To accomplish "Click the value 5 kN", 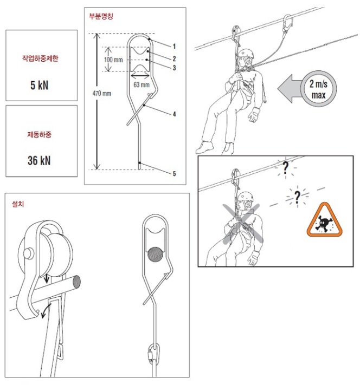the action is tap(40, 85).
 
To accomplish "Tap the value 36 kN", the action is tap(39, 161).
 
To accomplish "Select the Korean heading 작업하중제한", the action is tap(40, 58).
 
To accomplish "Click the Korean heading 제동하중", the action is tap(40, 134).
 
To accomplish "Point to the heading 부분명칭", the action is tap(101, 16).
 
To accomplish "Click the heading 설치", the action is tap(18, 204).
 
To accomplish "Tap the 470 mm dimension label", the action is tap(102, 93).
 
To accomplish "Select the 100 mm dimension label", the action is tap(113, 60).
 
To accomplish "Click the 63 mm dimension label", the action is tap(142, 84).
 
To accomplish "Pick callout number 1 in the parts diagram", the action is tap(175, 46).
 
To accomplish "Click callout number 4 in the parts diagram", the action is tap(175, 114).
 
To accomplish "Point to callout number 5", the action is tap(175, 174).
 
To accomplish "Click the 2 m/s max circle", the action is tap(319, 89).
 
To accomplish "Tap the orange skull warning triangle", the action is tap(324, 220).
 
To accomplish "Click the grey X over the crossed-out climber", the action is tap(243, 223).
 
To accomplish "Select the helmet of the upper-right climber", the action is tap(246, 53).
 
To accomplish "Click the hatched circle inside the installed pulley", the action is tap(155, 255).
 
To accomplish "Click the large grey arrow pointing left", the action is tap(290, 89).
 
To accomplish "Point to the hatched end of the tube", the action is tap(76, 282).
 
